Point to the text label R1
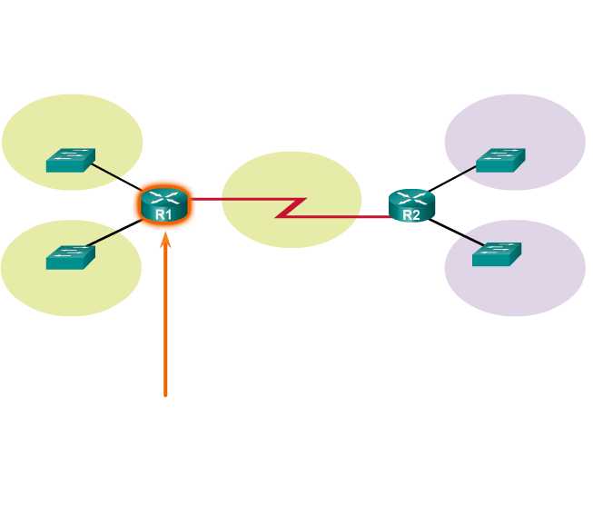[x=163, y=214]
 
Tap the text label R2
[x=410, y=215]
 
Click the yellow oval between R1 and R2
[x=291, y=182]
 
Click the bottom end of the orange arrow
[x=165, y=394]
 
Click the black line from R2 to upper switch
[x=451, y=179]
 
